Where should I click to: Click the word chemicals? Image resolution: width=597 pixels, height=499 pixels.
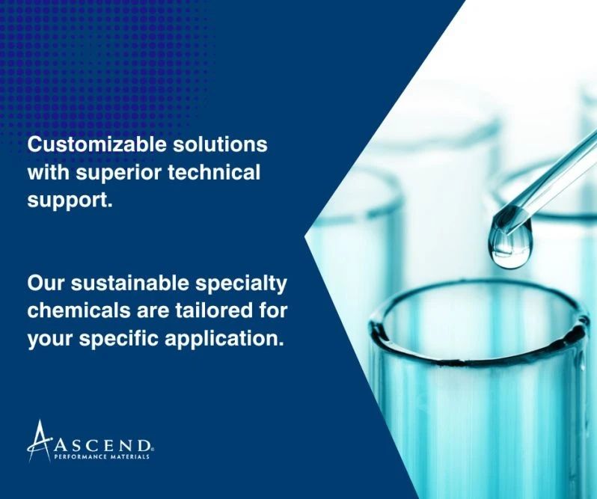pyautogui.click(x=76, y=311)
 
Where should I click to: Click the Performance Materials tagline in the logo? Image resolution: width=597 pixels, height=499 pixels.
pyautogui.click(x=102, y=456)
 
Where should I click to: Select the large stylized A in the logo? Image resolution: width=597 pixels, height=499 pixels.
pyautogui.click(x=39, y=441)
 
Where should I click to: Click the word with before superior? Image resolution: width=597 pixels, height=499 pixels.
pyautogui.click(x=49, y=171)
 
